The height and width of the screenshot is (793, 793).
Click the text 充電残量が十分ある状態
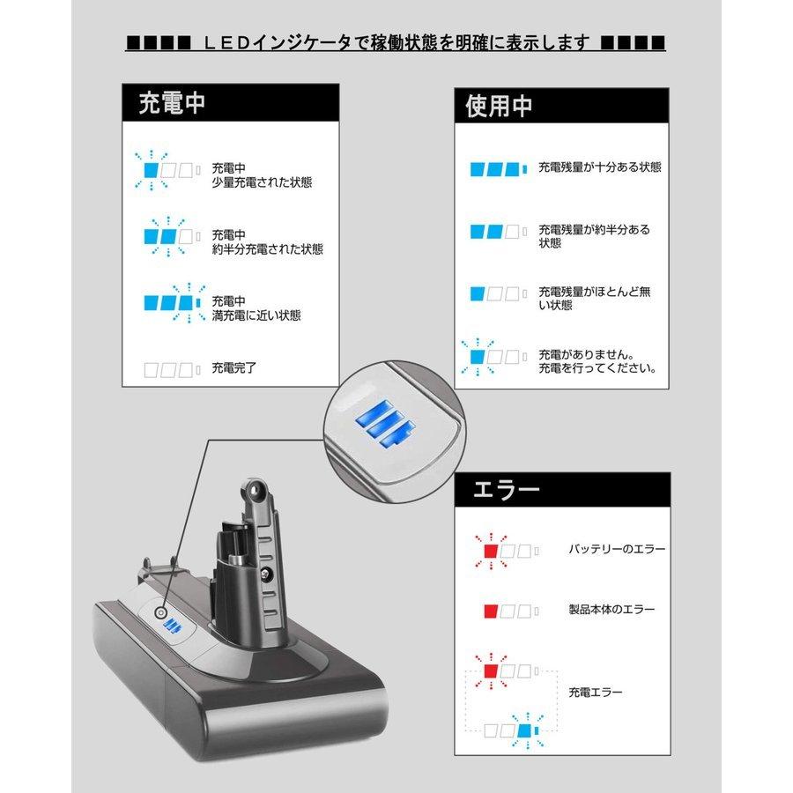pos(599,167)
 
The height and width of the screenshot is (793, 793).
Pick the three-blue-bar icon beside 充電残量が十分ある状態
pos(498,167)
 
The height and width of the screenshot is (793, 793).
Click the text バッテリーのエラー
pos(617,549)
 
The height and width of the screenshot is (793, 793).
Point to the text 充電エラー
pos(596,693)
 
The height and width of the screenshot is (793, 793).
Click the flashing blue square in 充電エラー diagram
pos(526,730)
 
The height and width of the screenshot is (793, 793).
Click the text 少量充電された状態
pos(262,183)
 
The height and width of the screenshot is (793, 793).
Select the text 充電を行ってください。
pos(597,368)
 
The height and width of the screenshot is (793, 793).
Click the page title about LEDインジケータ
pos(396,43)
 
